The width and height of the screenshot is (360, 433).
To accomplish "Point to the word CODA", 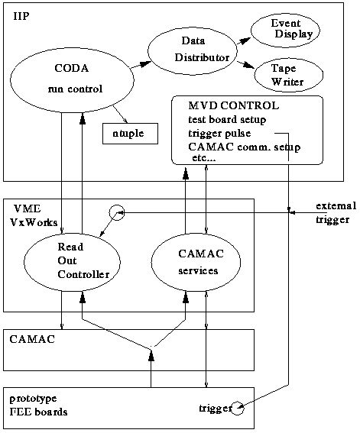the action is (x=72, y=68).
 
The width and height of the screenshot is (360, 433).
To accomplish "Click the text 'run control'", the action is (x=75, y=89).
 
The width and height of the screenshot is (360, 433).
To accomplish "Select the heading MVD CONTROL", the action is (x=233, y=105).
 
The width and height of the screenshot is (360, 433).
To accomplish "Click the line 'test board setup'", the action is (x=227, y=120).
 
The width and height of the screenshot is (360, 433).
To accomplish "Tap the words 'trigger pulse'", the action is (x=219, y=134).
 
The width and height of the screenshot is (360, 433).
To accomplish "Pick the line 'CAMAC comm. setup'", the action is (x=245, y=147).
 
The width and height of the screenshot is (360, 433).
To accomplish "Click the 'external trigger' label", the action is (x=336, y=213).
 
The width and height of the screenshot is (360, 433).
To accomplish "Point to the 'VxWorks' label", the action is (x=34, y=222).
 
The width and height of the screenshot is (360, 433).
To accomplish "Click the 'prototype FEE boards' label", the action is (x=38, y=406).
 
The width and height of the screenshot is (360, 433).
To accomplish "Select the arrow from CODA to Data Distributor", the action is (x=141, y=65).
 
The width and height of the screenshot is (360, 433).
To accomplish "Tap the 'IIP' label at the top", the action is (x=21, y=16).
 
